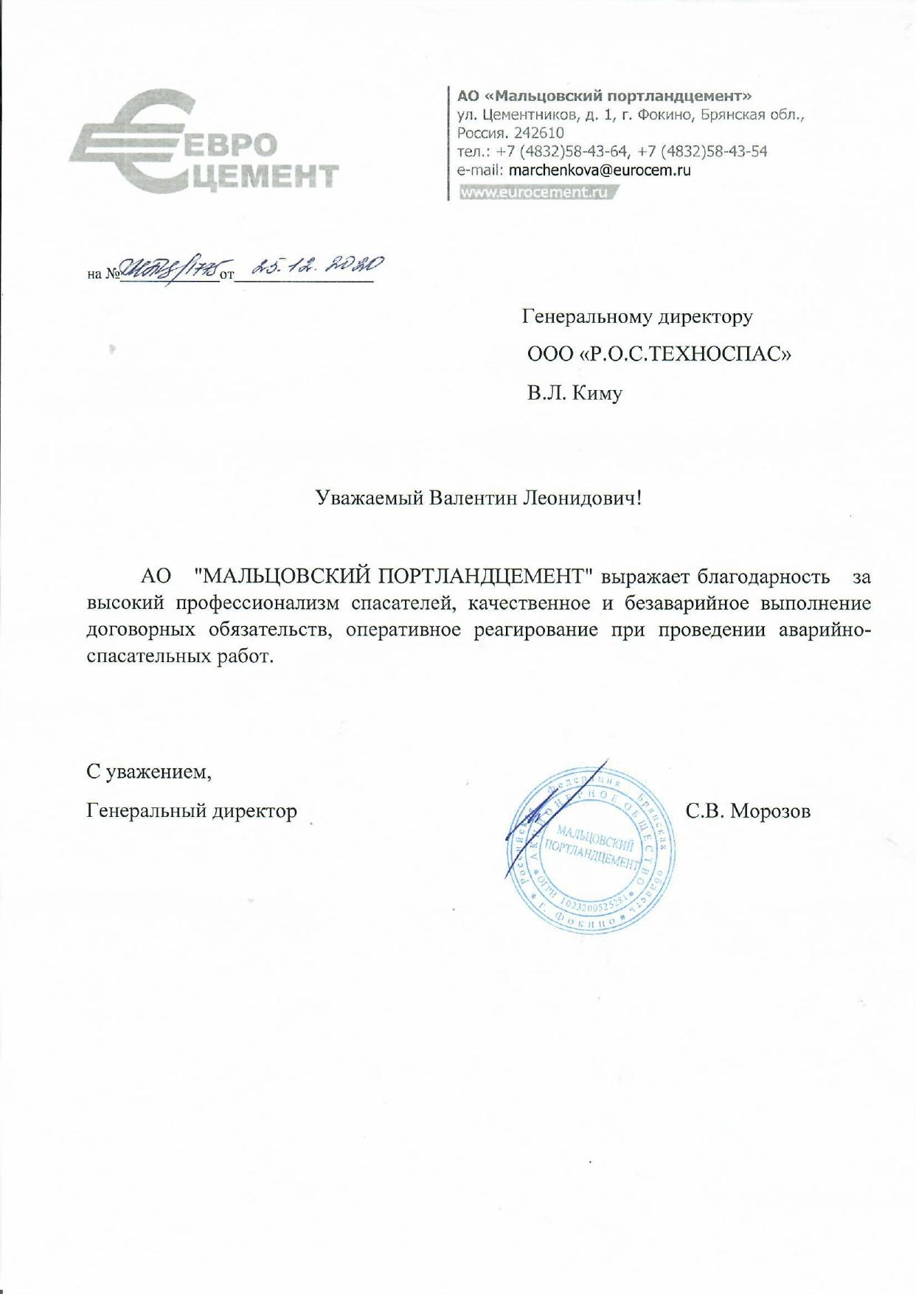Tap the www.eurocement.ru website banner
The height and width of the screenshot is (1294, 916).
click(x=536, y=192)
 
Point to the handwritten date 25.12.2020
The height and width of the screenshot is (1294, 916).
click(x=317, y=268)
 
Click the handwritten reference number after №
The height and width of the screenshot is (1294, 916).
click(x=170, y=271)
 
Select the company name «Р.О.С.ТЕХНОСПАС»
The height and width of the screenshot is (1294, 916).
click(x=687, y=355)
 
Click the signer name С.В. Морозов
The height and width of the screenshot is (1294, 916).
click(x=748, y=811)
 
